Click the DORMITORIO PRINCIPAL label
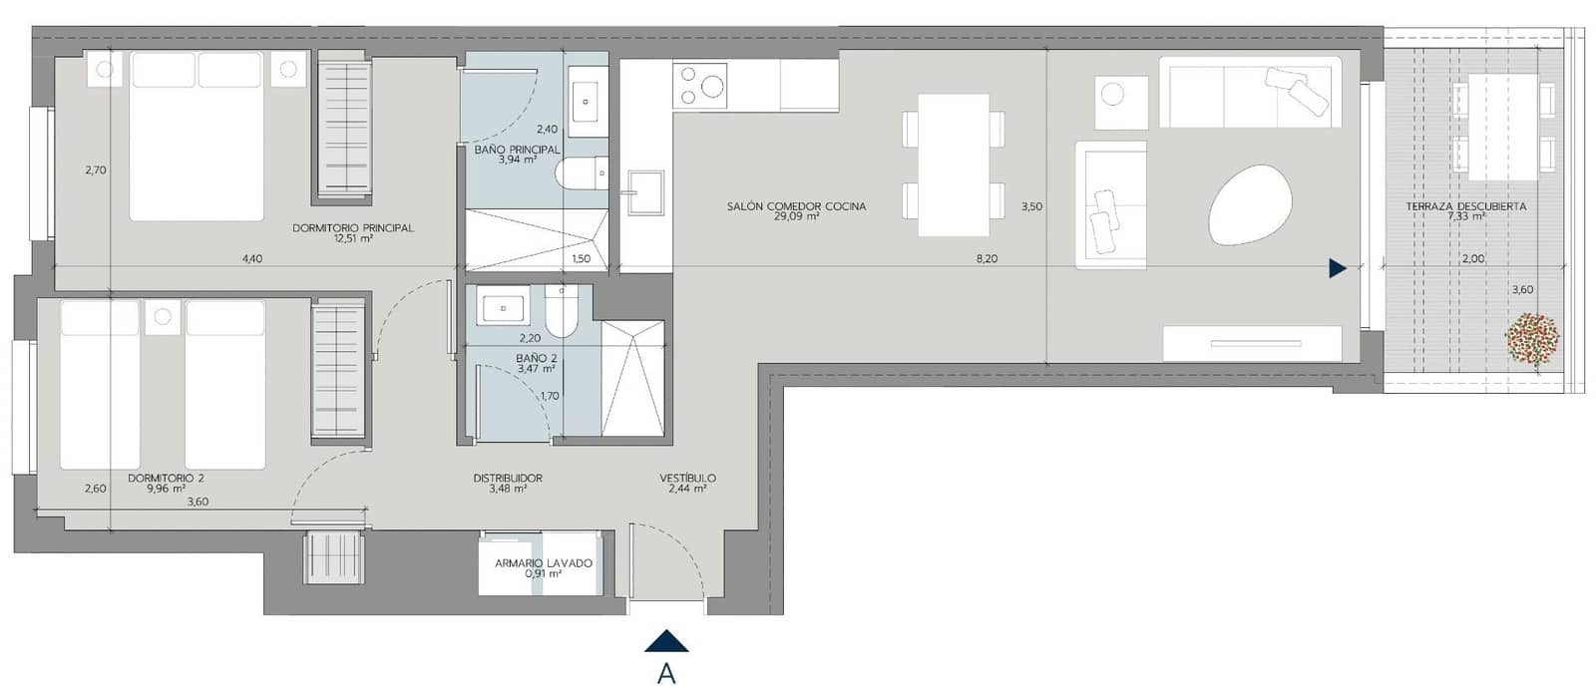[x=352, y=228]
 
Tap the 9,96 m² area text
[x=166, y=489]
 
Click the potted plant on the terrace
[x=1532, y=339]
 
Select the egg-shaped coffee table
[x=1250, y=205]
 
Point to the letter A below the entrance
[x=666, y=673]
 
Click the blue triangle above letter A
[x=666, y=641]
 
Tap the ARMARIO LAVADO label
[x=543, y=563]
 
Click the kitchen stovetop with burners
[x=699, y=85]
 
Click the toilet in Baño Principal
[x=581, y=173]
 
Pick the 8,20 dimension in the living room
[x=986, y=258]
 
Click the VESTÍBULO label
[x=687, y=479]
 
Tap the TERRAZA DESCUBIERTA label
[x=1465, y=206]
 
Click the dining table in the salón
[x=953, y=165]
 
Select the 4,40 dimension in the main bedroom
[x=252, y=258]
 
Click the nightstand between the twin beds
[x=162, y=318]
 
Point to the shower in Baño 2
[x=632, y=378]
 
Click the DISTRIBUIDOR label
[x=508, y=479]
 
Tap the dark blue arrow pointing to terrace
[x=1337, y=268]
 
